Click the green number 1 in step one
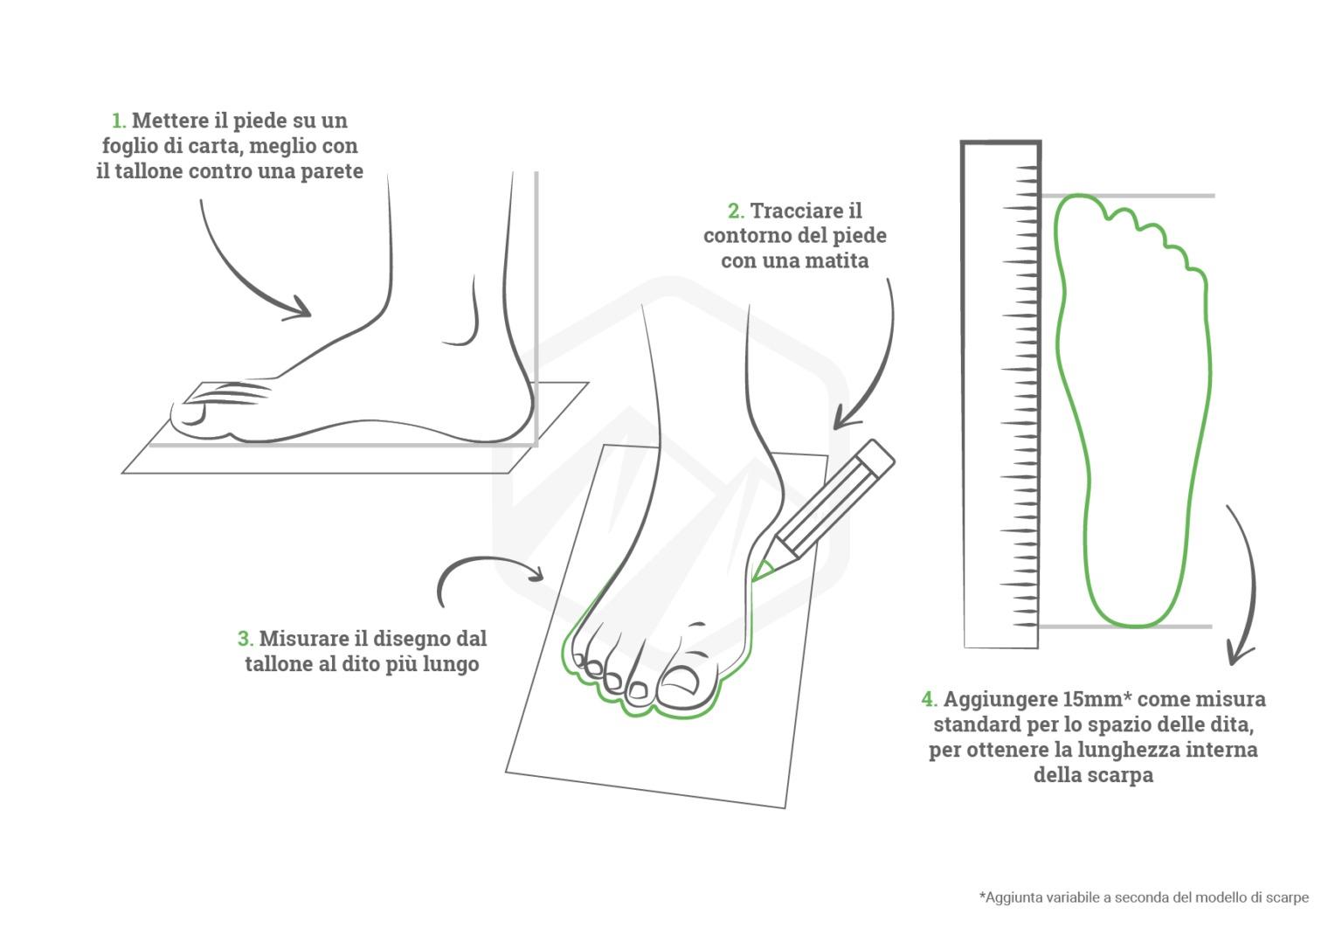118,121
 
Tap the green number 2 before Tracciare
736,211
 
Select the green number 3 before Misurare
245,639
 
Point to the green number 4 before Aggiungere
929,699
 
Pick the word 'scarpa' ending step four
1121,775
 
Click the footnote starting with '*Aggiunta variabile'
1144,897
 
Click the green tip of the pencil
762,571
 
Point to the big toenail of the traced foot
680,682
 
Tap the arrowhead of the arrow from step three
535,572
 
